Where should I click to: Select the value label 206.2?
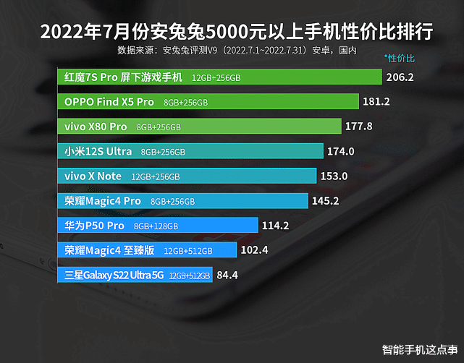coord(400,77)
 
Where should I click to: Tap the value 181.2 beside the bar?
coord(376,102)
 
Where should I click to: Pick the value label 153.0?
coord(334,176)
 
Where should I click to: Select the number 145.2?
coord(325,200)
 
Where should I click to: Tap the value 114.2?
coord(275,226)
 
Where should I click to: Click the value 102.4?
coord(255,250)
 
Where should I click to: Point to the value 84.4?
coord(227,275)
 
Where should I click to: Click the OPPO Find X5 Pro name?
coord(109,102)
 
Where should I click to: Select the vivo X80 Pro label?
coord(96,127)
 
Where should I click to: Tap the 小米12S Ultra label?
coord(98,151)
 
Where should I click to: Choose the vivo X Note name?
coord(93,176)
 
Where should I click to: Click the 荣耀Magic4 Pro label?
coord(103,200)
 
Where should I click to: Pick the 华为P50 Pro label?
coord(95,226)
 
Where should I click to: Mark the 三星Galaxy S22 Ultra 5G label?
coord(114,275)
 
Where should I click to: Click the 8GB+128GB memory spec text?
coord(156,226)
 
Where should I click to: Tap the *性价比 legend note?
coord(400,58)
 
